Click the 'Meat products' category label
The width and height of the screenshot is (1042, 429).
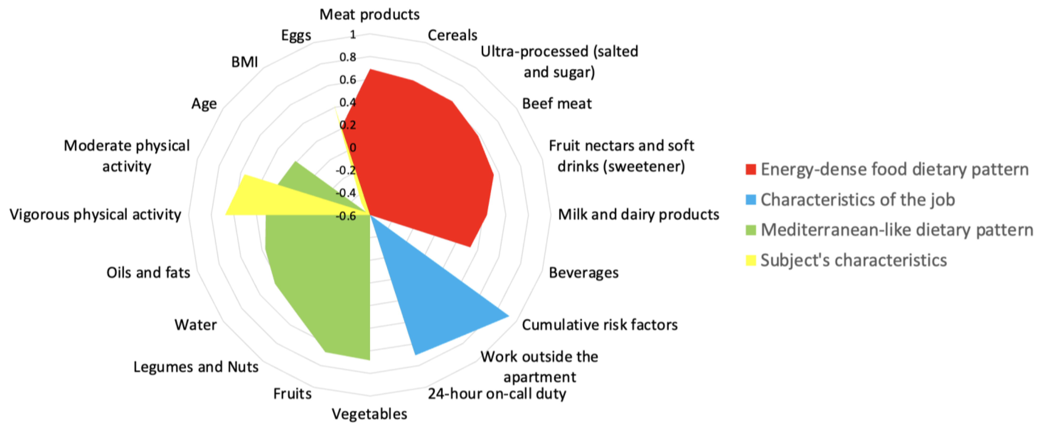pos(369,14)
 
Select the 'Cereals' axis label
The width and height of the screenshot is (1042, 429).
pos(452,35)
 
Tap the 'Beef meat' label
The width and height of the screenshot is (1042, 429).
pos(557,104)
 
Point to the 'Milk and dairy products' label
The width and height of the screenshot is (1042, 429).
pos(638,214)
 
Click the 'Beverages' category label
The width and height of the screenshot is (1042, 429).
pos(583,273)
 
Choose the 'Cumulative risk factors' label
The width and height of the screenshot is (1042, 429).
pos(599,325)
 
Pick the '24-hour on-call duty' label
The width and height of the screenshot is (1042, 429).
pos(497,393)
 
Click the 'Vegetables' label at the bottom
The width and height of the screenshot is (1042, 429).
pos(369,414)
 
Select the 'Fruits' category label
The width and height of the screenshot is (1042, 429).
pos(292,393)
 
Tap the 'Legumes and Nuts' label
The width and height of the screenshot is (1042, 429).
pos(196,367)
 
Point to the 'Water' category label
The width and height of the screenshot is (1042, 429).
pos(195,325)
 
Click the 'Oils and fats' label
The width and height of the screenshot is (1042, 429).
pos(148,273)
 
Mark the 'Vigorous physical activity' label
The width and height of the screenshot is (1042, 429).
pos(95,214)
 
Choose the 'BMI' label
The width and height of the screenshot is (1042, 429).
pos(244,62)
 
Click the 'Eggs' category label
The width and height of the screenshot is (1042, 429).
pos(296,35)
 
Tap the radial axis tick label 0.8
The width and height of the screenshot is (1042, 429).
pos(348,57)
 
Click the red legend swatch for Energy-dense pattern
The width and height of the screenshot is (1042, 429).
pos(751,169)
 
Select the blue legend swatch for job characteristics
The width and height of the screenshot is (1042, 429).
pos(751,199)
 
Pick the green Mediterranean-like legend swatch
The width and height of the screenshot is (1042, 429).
pos(751,230)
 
